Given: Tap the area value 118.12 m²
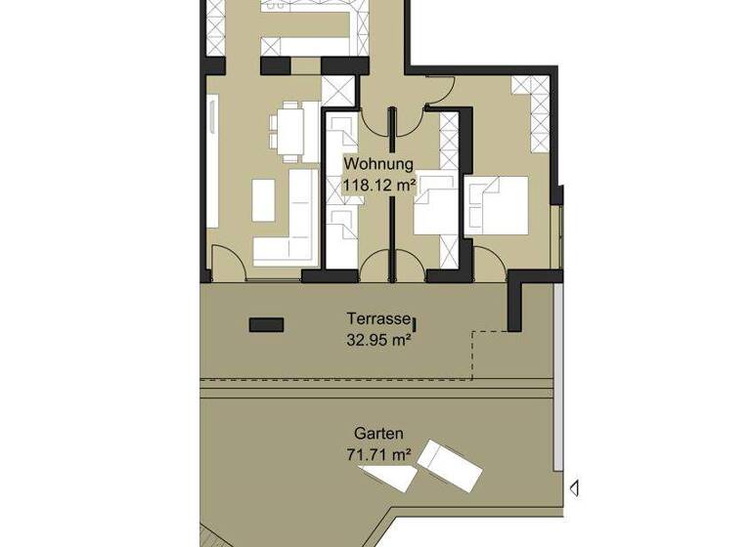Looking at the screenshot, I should tap(378, 183).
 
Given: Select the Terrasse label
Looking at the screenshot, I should tap(377, 318).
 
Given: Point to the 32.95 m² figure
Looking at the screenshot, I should tap(377, 340).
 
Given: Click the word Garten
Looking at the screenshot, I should tap(378, 433).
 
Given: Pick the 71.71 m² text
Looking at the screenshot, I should tap(378, 453).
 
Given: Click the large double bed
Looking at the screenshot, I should tap(498, 205).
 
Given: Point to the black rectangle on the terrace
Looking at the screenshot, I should tap(266, 324).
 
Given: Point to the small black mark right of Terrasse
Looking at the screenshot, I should tap(415, 322).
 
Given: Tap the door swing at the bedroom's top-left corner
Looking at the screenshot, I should tap(438, 91).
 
